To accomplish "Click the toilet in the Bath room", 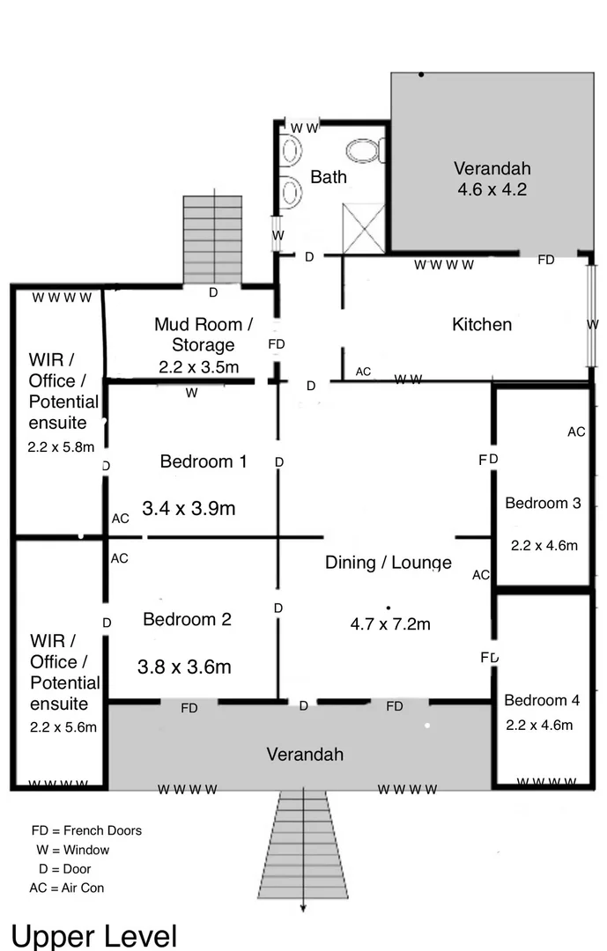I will click(364, 151).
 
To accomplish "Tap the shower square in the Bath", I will click(364, 226).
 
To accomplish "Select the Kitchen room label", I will click(481, 324).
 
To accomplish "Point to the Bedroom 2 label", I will click(187, 619).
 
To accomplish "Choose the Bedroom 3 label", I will click(543, 503).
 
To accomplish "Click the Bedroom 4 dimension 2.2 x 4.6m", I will click(539, 725).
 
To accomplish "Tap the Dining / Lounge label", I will click(388, 562).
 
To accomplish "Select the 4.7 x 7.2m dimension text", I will click(390, 624).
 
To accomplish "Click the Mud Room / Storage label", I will click(203, 335).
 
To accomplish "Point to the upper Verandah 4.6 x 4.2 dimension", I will click(492, 189).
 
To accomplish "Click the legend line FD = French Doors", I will click(86, 830).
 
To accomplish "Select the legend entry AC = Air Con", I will click(67, 888).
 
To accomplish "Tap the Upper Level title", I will click(94, 935).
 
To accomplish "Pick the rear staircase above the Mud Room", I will click(212, 239).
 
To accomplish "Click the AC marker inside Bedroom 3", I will click(576, 431).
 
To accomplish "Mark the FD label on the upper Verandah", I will click(546, 260).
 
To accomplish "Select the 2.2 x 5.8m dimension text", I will click(61, 446).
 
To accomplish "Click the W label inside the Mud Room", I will click(191, 394).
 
